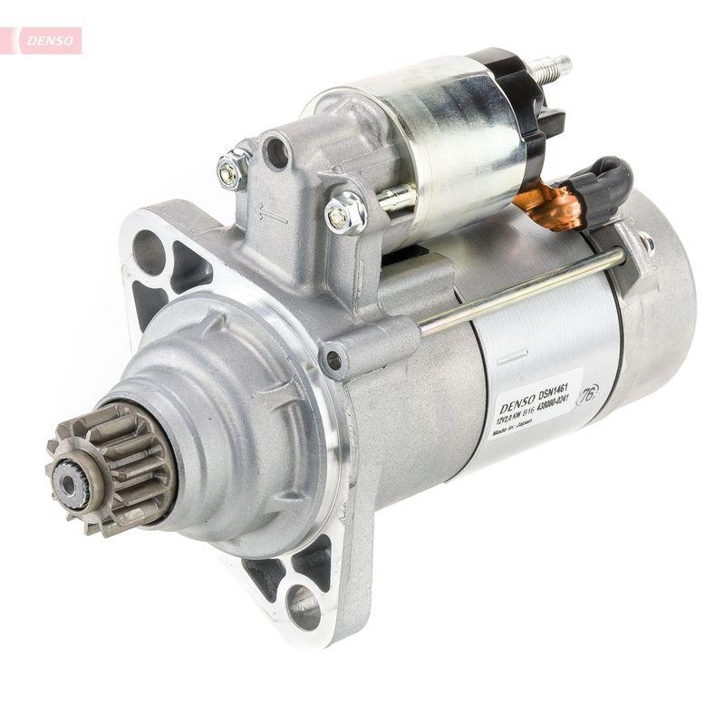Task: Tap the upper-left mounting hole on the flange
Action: point(149,249)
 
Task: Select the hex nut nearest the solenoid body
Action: point(345,213)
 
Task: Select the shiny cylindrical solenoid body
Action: point(426,145)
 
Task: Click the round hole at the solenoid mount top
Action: point(277,150)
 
